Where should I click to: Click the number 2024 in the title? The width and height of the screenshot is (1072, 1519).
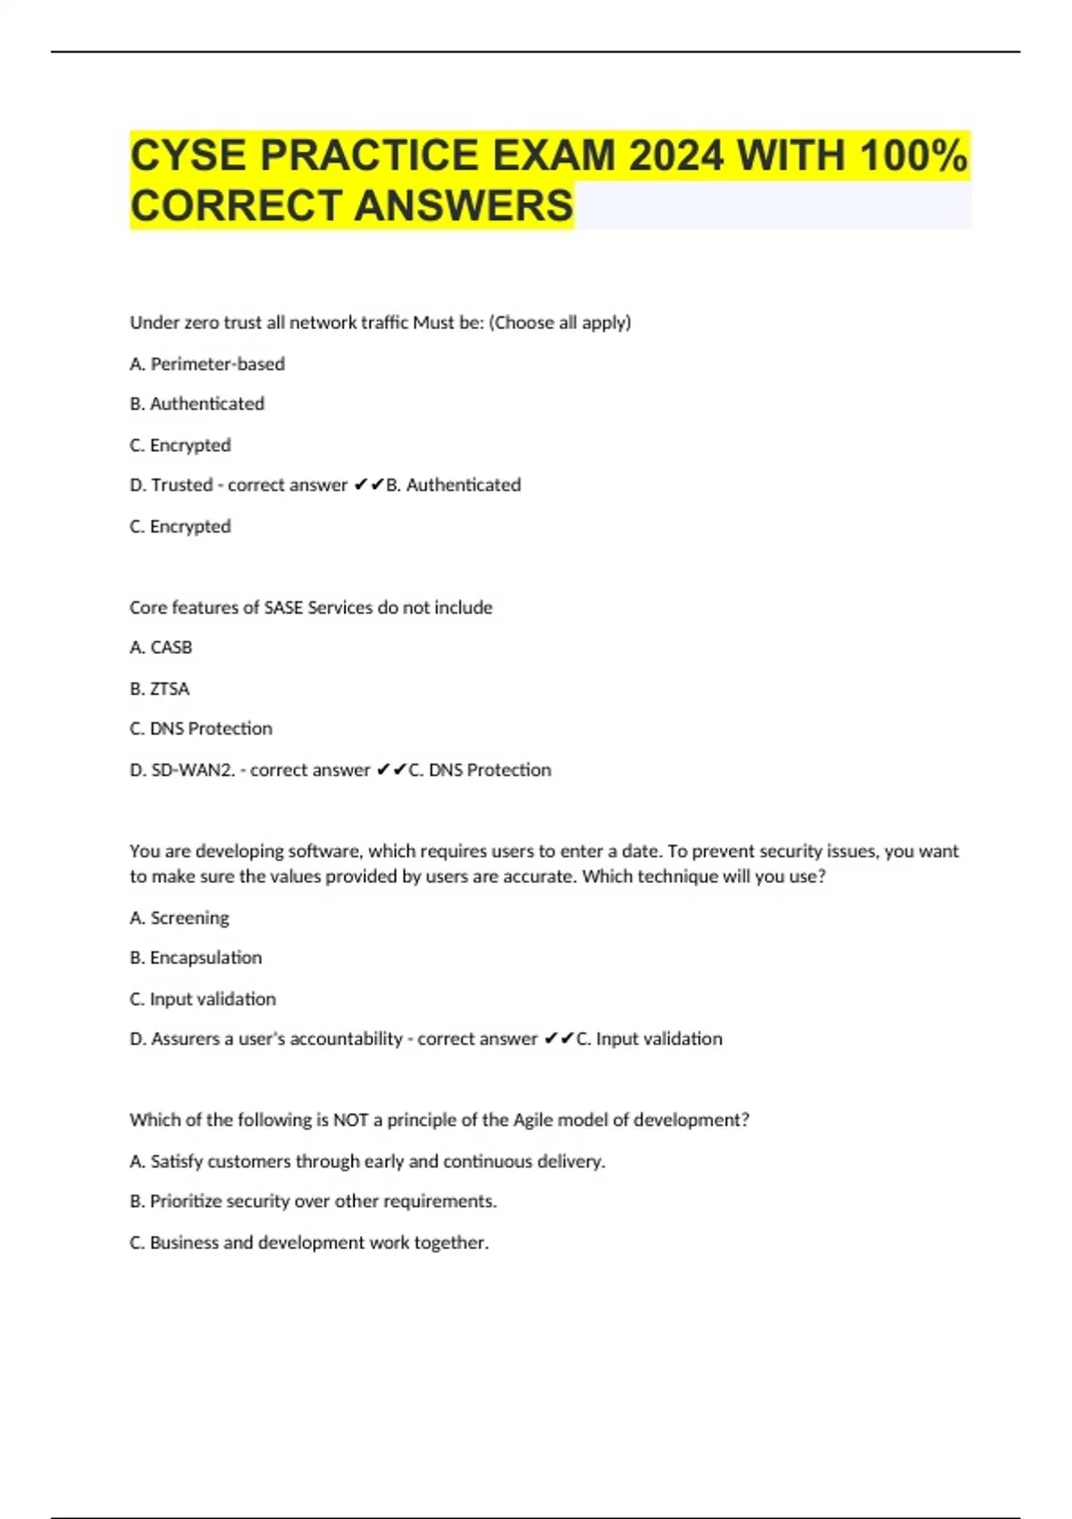pos(675,155)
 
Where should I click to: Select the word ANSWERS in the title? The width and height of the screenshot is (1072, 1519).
pos(464,206)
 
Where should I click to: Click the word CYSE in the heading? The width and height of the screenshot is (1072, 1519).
pos(188,155)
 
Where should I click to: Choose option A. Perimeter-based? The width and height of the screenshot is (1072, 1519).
pos(207,364)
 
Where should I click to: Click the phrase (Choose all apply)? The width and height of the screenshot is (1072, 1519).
pos(559,323)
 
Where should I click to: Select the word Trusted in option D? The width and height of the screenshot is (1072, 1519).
pos(182,485)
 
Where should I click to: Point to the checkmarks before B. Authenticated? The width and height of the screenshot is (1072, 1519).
pos(368,485)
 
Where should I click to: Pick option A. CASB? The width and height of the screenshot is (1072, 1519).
pos(161,647)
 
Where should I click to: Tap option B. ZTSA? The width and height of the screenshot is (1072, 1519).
pos(160,689)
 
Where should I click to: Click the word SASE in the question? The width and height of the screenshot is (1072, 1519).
pos(283,608)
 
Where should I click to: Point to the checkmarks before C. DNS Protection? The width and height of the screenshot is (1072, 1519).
pos(391,770)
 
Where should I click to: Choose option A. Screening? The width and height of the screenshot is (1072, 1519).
pos(180,918)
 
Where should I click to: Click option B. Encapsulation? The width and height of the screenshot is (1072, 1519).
pos(196,958)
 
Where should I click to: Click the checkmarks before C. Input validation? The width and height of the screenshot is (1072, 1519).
pos(558,1039)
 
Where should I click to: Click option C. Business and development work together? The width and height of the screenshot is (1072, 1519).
pos(309,1243)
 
